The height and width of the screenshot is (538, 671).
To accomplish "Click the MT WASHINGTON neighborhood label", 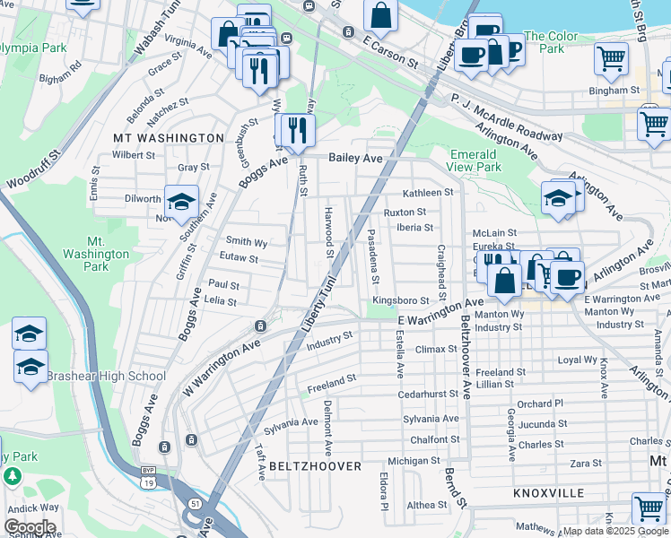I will point(168,138).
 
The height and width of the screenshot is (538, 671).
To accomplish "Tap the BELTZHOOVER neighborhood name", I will point(313,466).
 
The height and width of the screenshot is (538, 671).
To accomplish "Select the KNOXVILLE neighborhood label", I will point(548,493).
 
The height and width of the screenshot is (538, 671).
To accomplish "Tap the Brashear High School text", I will point(106,377).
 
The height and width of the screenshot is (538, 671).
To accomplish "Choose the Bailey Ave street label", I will point(355,158).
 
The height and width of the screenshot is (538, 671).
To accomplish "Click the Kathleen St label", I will point(428,193).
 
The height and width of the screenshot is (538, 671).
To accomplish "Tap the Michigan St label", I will point(414,461).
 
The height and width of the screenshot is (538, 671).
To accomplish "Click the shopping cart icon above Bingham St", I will point(611,59).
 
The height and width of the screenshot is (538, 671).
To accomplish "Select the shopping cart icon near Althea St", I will point(648,508).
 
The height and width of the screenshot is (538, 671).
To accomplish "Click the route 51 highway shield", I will point(196,505).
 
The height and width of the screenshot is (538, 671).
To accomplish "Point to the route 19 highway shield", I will point(149,480).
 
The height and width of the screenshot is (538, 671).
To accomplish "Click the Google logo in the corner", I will point(30,527).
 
